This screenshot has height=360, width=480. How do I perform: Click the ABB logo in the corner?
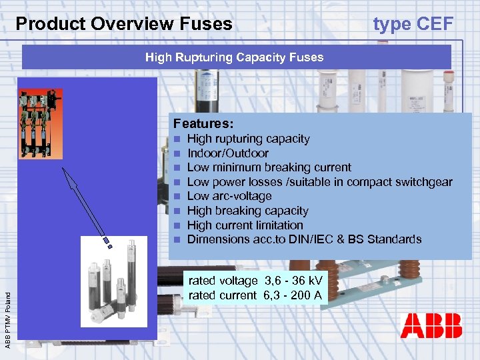tap(431, 326)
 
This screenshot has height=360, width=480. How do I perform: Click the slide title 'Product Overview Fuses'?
tap(124, 25)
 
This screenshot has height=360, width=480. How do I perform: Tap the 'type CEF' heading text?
tap(413, 25)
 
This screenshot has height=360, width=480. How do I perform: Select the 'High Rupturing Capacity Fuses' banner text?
tap(234, 57)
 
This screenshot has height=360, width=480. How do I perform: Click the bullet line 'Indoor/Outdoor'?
tap(227, 153)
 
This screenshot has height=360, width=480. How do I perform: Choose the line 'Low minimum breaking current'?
tap(269, 167)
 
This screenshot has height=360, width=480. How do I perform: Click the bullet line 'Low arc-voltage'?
tap(229, 196)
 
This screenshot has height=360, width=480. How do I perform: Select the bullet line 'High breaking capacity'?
tap(247, 211)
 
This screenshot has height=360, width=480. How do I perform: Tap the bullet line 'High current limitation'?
tap(245, 225)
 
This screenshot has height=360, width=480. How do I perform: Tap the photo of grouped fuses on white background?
tap(113, 281)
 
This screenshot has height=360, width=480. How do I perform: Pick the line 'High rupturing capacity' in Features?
tap(248, 139)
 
